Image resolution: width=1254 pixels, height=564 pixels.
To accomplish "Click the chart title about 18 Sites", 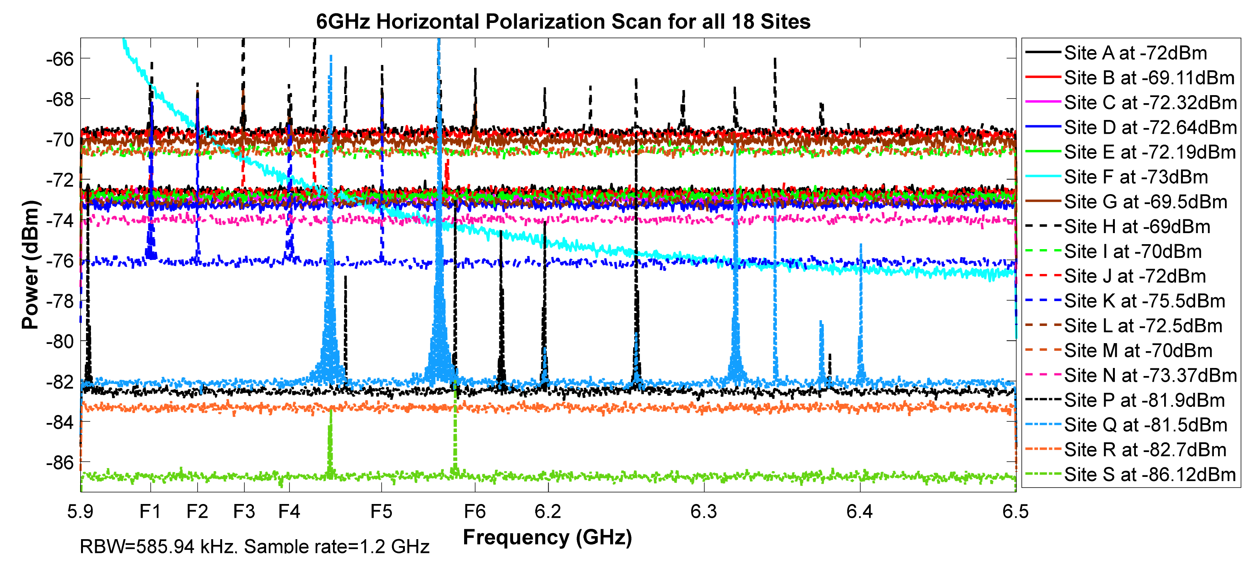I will [x=563, y=21].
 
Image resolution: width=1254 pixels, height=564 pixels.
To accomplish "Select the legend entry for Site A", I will [x=1135, y=53].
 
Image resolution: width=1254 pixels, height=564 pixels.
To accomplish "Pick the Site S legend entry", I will [x=1149, y=475].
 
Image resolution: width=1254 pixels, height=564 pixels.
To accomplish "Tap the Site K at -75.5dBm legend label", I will [x=1144, y=301].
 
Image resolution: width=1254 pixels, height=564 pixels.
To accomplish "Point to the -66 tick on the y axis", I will [x=59, y=59].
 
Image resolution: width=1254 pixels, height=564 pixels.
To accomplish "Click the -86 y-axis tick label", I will [x=59, y=462].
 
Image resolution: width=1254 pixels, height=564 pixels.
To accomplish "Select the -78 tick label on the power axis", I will [x=59, y=301].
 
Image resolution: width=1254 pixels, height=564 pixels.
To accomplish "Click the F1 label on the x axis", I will [x=150, y=511].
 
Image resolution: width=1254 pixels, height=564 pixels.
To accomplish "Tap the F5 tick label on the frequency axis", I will [x=381, y=511].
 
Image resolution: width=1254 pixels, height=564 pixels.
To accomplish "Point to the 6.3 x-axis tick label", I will [x=704, y=511].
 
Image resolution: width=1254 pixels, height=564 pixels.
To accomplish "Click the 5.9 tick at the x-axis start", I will [x=81, y=511].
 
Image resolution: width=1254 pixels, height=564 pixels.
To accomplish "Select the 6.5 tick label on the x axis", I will [x=1015, y=511].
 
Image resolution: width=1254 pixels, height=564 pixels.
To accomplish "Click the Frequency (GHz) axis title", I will [x=547, y=537].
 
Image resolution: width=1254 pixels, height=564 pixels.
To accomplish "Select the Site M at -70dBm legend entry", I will [x=1138, y=351].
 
